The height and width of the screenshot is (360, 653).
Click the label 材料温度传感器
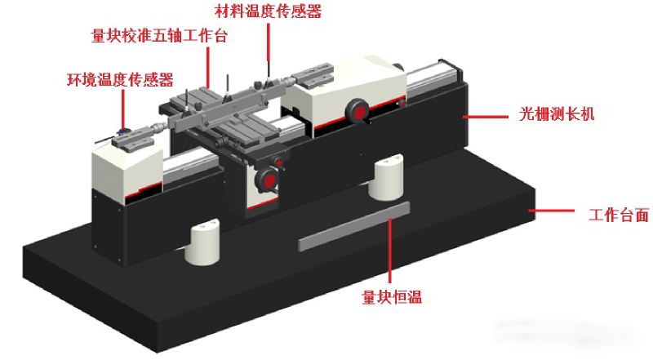click(x=269, y=11)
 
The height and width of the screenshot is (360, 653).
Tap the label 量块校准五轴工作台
click(x=159, y=35)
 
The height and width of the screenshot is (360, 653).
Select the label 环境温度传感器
click(x=120, y=79)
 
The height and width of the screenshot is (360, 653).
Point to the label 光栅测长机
click(x=557, y=113)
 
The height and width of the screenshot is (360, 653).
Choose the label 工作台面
click(x=619, y=215)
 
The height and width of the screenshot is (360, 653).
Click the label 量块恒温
click(x=392, y=297)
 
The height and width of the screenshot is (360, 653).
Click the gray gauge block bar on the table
click(x=354, y=226)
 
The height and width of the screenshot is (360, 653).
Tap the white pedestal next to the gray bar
click(x=386, y=176)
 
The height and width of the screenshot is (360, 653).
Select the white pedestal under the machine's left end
click(x=202, y=242)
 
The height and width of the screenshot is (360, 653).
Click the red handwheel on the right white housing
click(x=358, y=111)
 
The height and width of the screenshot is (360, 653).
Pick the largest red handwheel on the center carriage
click(x=268, y=180)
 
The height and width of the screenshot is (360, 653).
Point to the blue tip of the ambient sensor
click(x=122, y=131)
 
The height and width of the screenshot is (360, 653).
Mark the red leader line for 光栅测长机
click(x=485, y=117)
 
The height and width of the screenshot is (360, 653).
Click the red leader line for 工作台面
click(x=552, y=211)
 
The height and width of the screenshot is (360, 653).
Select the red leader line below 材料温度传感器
click(x=269, y=50)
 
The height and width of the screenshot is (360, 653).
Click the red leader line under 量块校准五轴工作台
click(x=208, y=67)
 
